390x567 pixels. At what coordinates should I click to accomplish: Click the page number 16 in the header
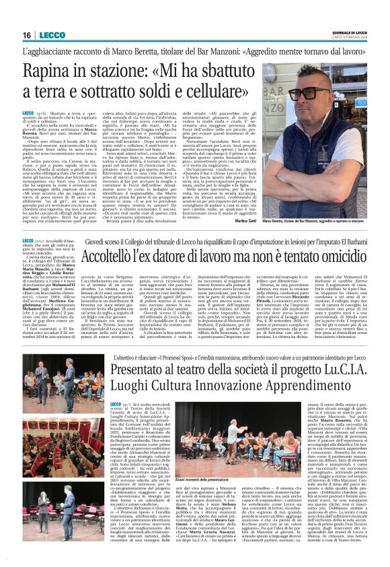click(27, 34)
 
